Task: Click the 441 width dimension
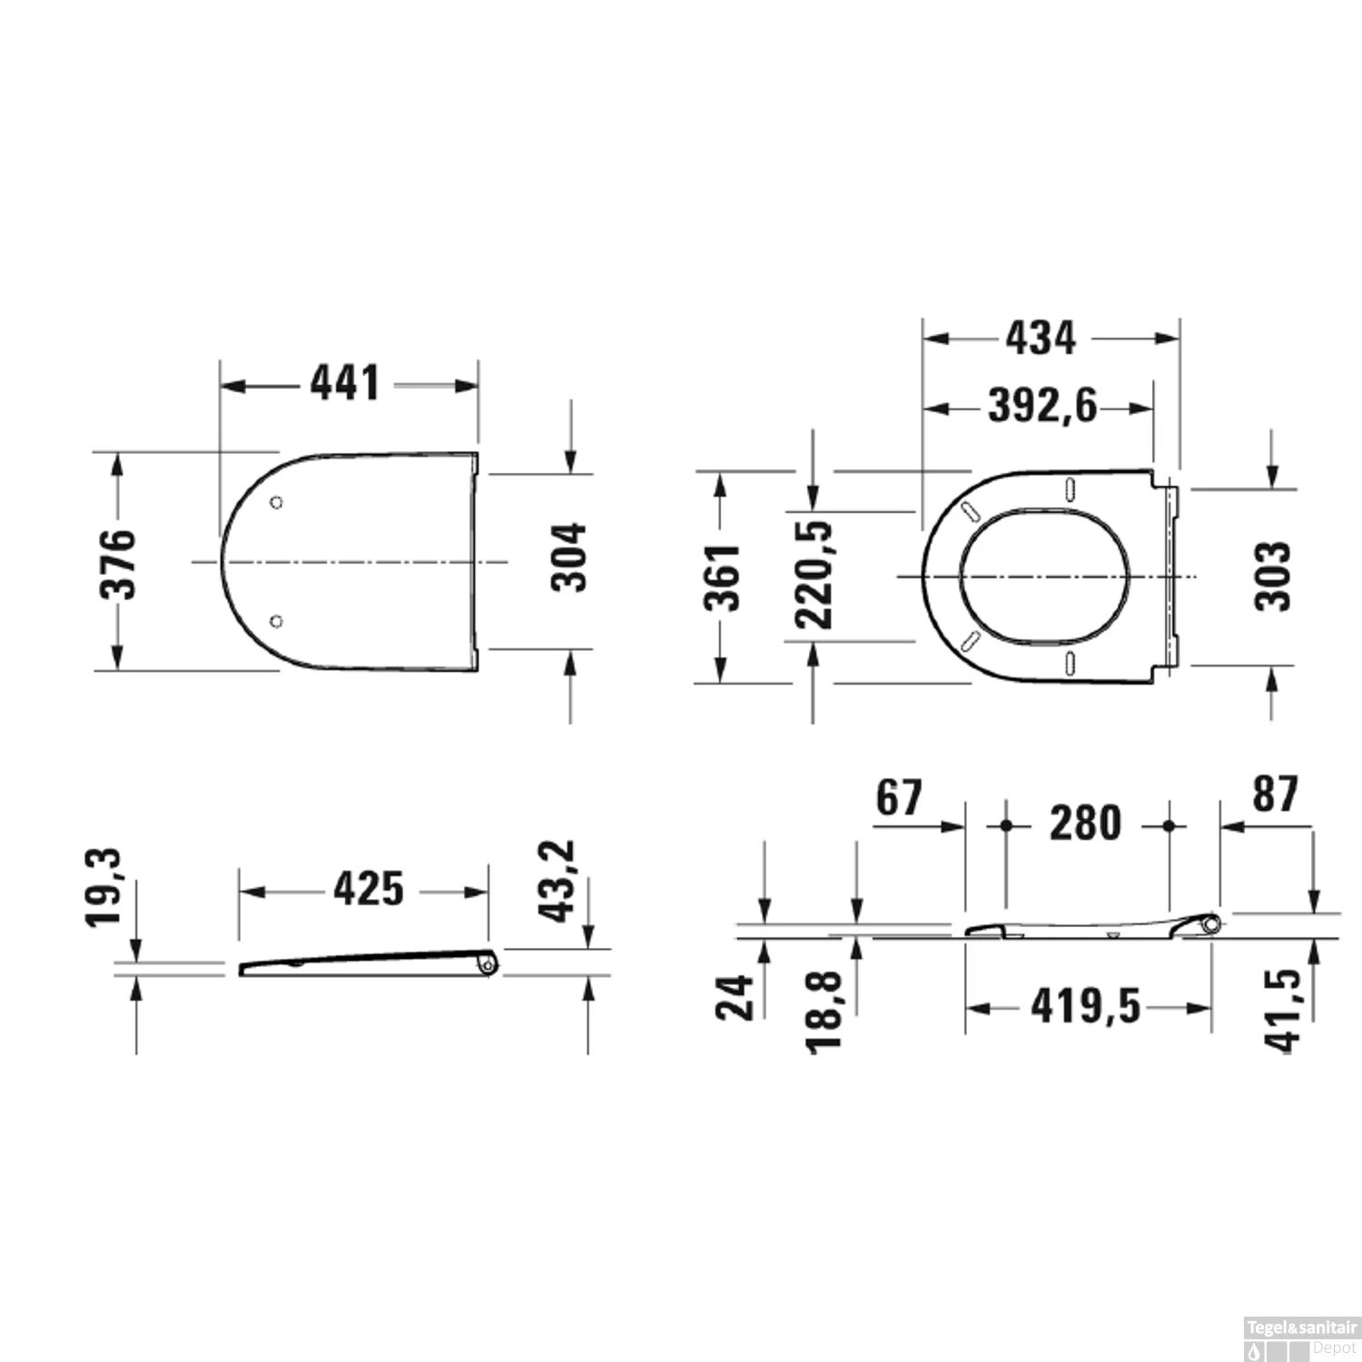(345, 383)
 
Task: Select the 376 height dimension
(117, 564)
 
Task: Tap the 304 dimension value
(569, 558)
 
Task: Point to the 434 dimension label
(1041, 338)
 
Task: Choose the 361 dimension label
(723, 577)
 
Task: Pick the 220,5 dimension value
(814, 575)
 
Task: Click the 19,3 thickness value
(104, 888)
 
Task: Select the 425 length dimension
(369, 889)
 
